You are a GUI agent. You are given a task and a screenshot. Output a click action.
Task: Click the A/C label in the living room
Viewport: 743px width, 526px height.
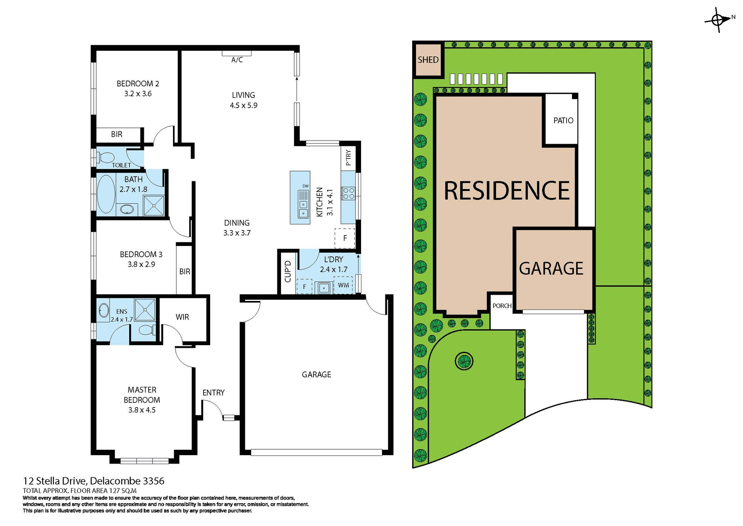click(x=237, y=60)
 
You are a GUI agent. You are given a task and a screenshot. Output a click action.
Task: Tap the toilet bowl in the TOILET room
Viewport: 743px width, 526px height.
click(x=106, y=158)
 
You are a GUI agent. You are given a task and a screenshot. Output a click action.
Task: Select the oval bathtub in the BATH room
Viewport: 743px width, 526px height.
click(x=106, y=194)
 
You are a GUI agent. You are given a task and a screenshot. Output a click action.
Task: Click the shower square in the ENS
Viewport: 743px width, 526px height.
click(x=145, y=309)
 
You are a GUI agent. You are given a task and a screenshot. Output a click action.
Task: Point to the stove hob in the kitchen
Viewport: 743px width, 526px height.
click(x=348, y=193)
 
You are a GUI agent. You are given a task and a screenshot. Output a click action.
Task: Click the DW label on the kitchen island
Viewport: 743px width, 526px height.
click(x=305, y=186)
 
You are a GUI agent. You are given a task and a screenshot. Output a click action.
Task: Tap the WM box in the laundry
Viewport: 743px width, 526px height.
click(x=343, y=285)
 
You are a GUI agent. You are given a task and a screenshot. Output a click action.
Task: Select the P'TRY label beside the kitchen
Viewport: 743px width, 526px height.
click(x=348, y=158)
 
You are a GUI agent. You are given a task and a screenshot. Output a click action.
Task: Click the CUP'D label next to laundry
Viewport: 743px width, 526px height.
click(x=288, y=271)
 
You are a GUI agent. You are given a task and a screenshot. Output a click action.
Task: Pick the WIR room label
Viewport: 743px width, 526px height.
click(x=182, y=317)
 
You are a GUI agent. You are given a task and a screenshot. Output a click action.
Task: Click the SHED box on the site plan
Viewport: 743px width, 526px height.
click(x=428, y=60)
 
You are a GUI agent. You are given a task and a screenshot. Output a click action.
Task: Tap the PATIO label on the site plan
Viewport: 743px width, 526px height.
click(x=563, y=120)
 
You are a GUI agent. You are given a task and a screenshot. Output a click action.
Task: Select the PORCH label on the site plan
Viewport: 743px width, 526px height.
click(x=502, y=306)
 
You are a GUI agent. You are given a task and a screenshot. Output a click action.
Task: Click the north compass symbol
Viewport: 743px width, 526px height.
click(x=718, y=19)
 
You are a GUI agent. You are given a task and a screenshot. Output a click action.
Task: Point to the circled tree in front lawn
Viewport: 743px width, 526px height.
click(x=464, y=361)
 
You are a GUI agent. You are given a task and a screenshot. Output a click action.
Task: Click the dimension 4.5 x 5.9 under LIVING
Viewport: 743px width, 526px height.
click(x=243, y=105)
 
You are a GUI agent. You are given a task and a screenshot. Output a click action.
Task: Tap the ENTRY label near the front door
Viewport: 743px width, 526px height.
click(x=213, y=393)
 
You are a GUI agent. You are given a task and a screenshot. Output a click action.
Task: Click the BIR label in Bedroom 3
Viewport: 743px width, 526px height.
click(x=185, y=272)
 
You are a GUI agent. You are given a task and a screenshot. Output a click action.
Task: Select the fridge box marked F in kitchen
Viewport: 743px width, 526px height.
click(x=345, y=238)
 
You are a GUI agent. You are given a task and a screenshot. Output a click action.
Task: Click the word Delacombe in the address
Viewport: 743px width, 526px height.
click(x=115, y=481)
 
